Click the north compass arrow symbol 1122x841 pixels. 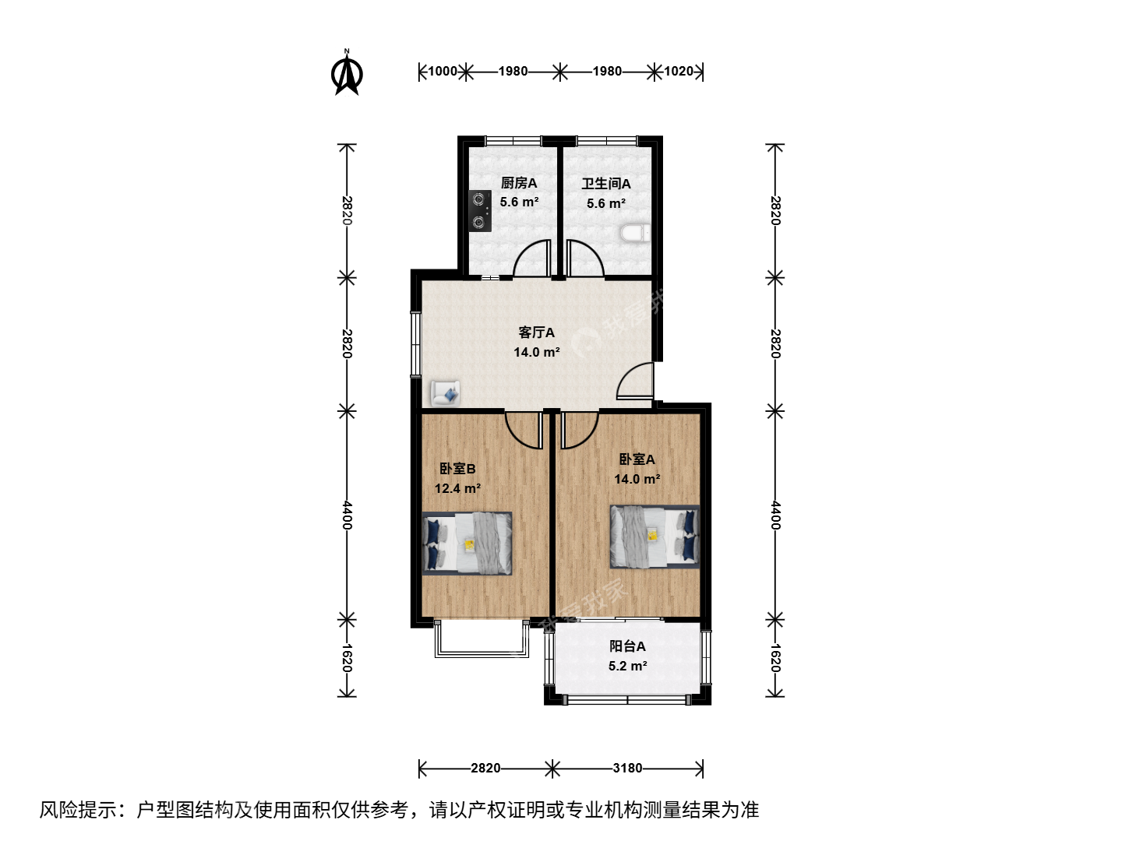(x=347, y=72)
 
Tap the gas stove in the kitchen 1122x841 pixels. (x=480, y=211)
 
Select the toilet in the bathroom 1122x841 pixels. (x=635, y=234)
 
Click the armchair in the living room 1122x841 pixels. (x=445, y=393)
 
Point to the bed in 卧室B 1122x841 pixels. (x=467, y=544)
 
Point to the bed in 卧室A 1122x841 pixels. (x=654, y=537)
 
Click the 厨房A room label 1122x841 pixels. (x=518, y=183)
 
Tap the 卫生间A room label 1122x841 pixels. (x=605, y=184)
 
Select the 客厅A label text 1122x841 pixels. (x=536, y=333)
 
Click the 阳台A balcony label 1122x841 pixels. (x=627, y=646)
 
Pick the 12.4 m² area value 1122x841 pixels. (x=457, y=489)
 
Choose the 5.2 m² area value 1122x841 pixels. (x=628, y=666)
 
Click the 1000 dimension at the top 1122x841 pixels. (x=442, y=71)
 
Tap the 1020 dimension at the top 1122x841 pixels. (x=679, y=71)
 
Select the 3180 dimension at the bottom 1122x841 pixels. (x=627, y=768)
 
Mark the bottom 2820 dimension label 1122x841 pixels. (x=485, y=768)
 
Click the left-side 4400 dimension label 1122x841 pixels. (x=347, y=515)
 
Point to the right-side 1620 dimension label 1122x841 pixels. (x=775, y=658)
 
